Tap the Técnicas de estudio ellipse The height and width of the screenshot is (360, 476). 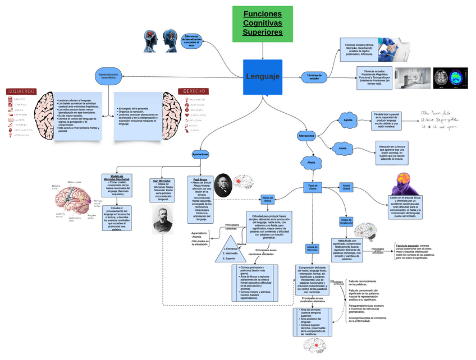click(314, 77)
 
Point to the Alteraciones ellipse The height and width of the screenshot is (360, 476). click(306, 136)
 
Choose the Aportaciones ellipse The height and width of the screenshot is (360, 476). click(200, 154)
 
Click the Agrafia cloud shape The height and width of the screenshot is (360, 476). click(348, 121)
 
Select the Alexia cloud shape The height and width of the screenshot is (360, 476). click(342, 148)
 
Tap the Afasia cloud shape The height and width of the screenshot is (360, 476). click(312, 163)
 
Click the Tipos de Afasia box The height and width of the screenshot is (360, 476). click(313, 188)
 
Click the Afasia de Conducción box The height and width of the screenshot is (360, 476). click(346, 221)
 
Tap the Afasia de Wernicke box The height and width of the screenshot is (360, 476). click(312, 248)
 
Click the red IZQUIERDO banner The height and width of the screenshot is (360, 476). click(21, 91)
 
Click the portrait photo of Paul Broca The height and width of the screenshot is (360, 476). click(222, 185)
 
